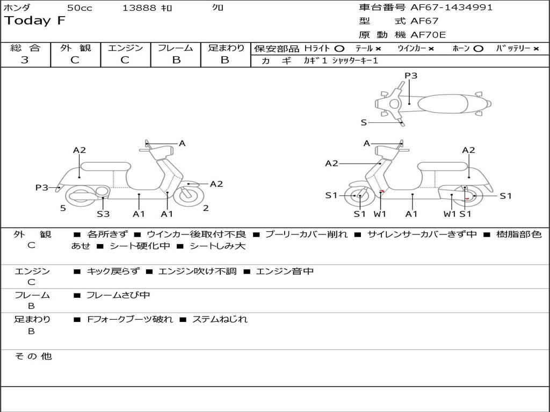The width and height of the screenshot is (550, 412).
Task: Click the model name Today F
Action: (x=35, y=21)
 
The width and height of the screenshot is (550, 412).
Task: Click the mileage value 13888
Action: (x=139, y=8)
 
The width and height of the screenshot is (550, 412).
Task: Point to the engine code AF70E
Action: (x=428, y=35)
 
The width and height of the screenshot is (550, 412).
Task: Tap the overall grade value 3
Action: (x=25, y=60)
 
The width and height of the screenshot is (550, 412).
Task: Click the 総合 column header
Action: (x=25, y=48)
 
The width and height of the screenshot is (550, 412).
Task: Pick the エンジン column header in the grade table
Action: (x=125, y=48)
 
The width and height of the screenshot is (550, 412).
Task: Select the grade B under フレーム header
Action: (x=176, y=60)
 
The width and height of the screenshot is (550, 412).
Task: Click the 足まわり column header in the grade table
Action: (x=226, y=48)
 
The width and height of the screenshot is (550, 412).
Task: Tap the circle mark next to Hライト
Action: (x=339, y=49)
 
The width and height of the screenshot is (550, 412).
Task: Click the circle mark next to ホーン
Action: (x=478, y=49)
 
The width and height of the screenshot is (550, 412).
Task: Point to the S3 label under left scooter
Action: (x=103, y=214)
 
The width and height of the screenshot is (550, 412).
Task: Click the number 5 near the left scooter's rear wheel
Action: (x=63, y=208)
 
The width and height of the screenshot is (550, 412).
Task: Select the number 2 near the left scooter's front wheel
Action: (x=206, y=208)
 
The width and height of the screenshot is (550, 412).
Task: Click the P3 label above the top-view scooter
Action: (x=411, y=76)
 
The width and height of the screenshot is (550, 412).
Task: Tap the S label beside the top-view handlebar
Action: (x=364, y=122)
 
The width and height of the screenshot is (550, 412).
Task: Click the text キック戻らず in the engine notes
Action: (x=113, y=271)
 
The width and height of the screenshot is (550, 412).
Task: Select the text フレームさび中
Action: (x=118, y=295)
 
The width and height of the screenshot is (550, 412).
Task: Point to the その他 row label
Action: (x=33, y=356)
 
